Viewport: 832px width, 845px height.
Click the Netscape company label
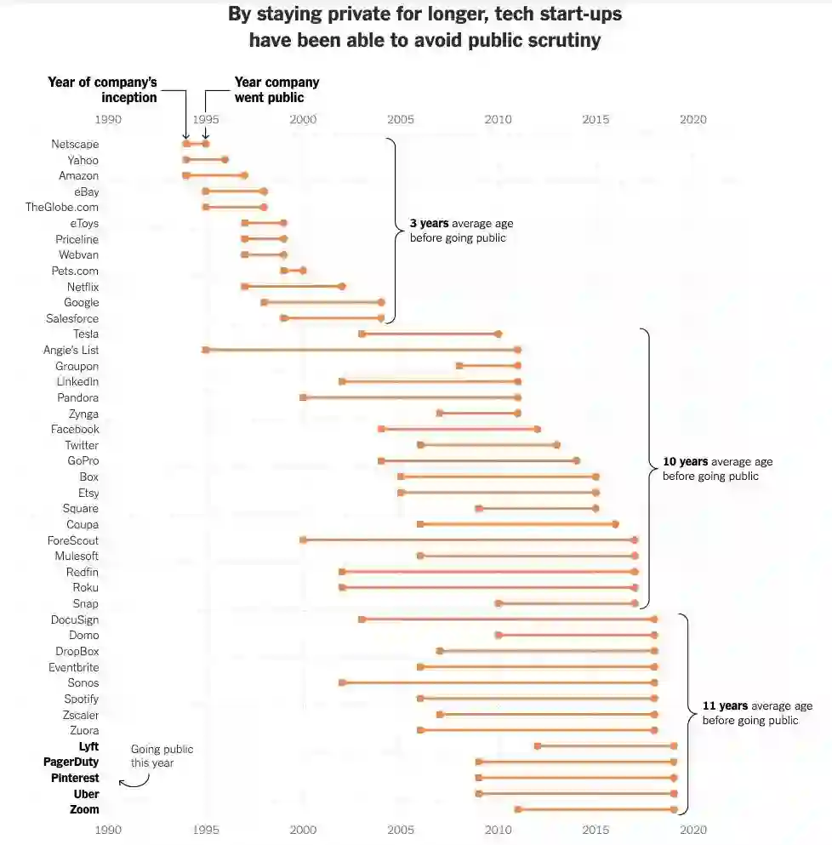tap(75, 145)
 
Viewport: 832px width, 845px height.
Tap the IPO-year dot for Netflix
tap(342, 287)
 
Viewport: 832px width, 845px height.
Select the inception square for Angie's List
tap(206, 350)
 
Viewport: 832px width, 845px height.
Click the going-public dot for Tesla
tap(498, 334)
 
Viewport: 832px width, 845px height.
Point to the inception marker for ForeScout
tap(303, 540)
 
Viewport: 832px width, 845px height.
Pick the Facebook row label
tap(75, 430)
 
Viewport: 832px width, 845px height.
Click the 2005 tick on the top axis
tap(401, 120)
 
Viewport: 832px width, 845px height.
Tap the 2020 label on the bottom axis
tap(693, 829)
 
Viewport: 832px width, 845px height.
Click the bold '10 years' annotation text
tap(685, 462)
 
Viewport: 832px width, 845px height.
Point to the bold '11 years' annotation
tap(725, 706)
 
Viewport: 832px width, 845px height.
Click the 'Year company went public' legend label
tap(276, 89)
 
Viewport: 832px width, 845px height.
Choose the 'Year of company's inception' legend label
tap(103, 89)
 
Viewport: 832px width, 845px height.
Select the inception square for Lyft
tap(537, 746)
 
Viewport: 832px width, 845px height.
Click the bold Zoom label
tap(84, 810)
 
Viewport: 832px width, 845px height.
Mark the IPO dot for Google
tap(381, 302)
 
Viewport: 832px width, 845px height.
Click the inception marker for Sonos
tap(342, 682)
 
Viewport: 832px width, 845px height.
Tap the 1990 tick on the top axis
tap(108, 120)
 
